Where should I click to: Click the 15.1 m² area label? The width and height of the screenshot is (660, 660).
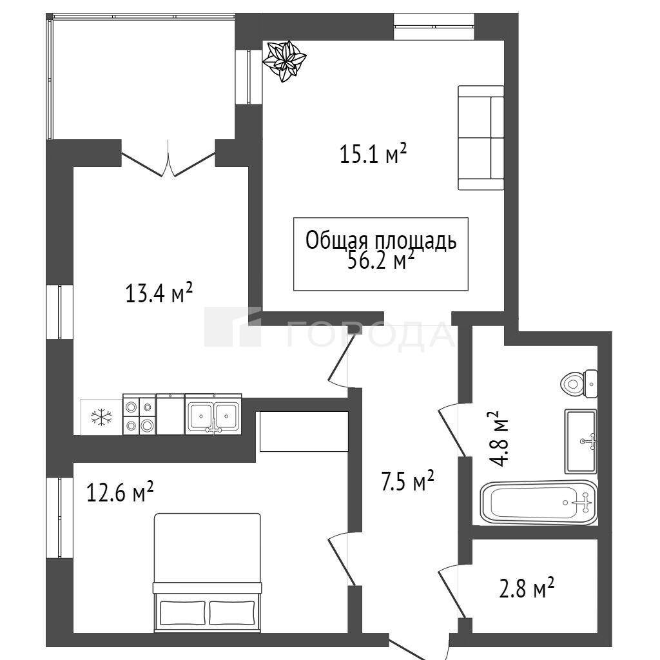[373, 153]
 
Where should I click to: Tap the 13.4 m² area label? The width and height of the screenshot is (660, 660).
[159, 293]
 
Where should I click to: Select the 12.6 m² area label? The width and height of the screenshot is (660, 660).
[120, 492]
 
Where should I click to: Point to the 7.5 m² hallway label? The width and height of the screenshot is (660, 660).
[407, 481]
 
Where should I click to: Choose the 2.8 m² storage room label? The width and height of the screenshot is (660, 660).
[527, 588]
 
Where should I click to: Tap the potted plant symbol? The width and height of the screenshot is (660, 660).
[284, 61]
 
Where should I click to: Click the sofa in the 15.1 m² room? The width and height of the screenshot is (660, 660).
[481, 138]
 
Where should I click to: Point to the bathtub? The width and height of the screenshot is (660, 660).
[539, 503]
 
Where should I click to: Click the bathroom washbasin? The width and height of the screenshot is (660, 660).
[581, 441]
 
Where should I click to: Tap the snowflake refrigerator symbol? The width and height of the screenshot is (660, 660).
[101, 417]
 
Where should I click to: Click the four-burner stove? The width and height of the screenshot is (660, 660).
[139, 414]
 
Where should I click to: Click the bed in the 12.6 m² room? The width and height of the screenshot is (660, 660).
[207, 572]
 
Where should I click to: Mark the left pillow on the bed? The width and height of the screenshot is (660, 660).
[183, 612]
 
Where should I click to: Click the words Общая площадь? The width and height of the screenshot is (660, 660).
[380, 241]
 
